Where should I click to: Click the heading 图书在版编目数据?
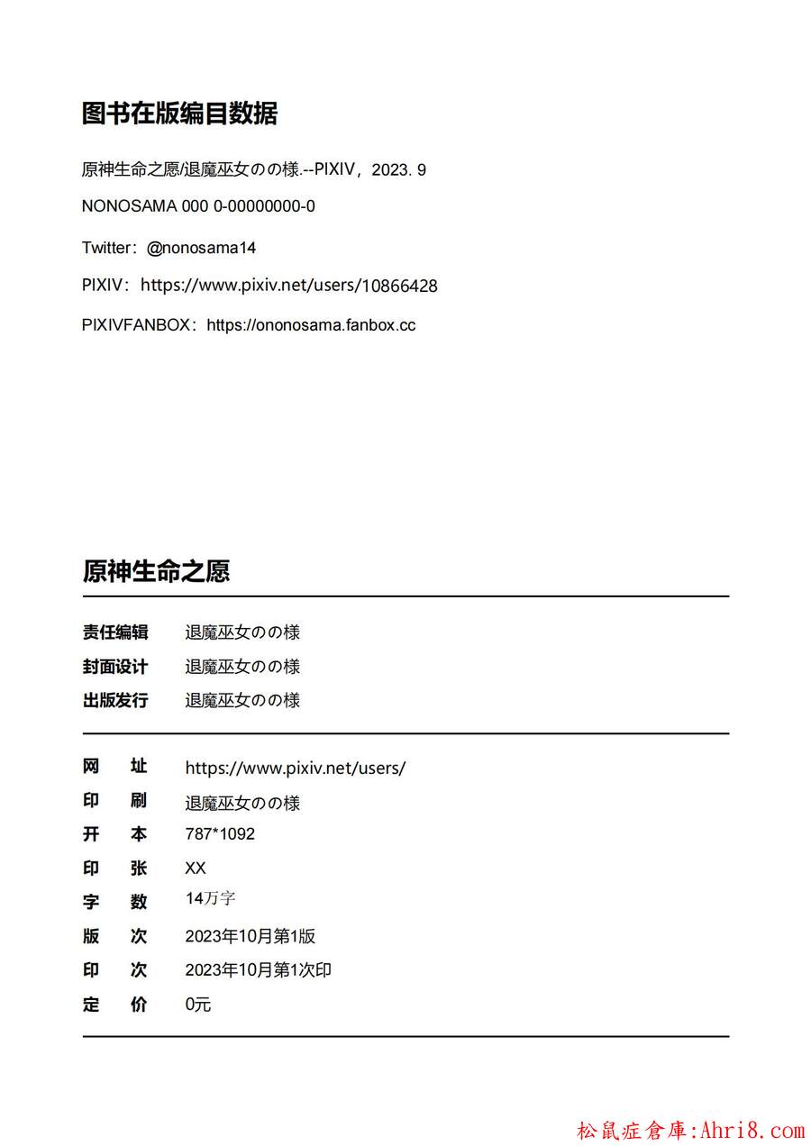(179, 114)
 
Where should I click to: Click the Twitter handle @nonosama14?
(201, 248)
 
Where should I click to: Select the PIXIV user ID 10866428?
(399, 286)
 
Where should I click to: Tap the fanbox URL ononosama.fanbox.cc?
(311, 325)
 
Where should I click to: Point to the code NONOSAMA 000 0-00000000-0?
(198, 206)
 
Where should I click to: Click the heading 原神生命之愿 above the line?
(156, 571)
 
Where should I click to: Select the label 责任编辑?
(115, 632)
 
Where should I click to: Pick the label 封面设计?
(115, 667)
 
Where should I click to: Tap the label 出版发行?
(115, 700)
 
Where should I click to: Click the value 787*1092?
(220, 834)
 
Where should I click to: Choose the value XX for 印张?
(196, 869)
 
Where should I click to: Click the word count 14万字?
(211, 899)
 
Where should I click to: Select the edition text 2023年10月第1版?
(251, 936)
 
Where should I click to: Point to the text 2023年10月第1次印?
(259, 970)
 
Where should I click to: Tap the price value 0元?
(198, 1005)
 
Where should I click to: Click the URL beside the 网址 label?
(296, 769)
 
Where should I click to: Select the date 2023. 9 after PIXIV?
(398, 169)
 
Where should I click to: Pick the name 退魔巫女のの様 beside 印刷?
(242, 803)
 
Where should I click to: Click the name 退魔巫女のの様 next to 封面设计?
(242, 667)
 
